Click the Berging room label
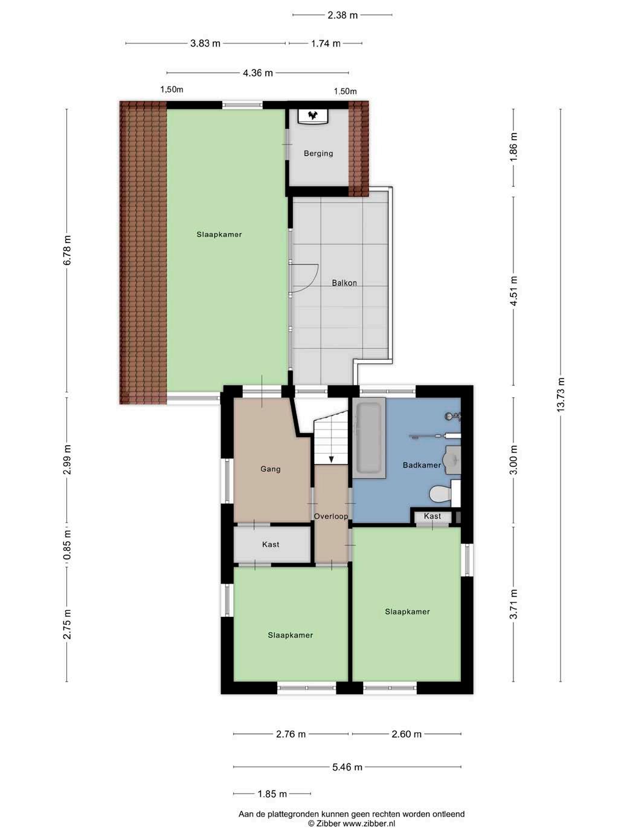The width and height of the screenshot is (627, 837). point(318,153)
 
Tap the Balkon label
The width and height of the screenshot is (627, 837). point(344,283)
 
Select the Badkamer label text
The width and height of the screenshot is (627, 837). point(422,465)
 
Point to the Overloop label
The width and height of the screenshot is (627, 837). point(331,516)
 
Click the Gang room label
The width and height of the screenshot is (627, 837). point(271,469)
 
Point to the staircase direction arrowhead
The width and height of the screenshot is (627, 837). point(331,459)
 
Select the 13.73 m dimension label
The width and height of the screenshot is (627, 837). point(561,396)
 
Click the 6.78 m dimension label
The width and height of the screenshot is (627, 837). point(67,250)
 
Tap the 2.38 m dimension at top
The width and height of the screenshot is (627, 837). point(342,15)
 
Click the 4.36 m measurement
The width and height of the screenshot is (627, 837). point(258,73)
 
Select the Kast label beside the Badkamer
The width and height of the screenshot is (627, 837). point(432,516)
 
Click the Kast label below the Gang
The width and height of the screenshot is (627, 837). point(271,544)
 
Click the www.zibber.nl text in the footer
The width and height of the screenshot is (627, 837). point(369,823)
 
